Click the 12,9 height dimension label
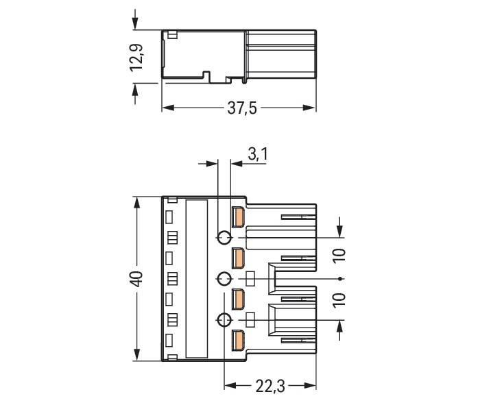point(136,57)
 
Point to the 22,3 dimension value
point(270,387)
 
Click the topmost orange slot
point(238,217)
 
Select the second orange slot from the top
point(238,258)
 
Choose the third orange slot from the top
point(238,299)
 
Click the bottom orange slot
point(238,340)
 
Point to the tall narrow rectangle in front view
point(197,278)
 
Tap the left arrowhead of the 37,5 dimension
point(166,108)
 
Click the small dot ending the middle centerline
point(341,279)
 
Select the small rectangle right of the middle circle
point(251,279)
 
